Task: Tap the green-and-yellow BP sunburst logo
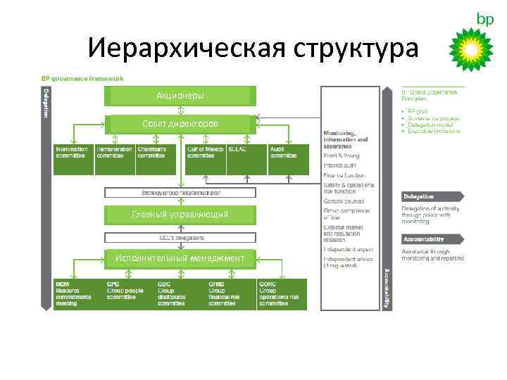(x=472, y=49)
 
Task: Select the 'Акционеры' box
(x=180, y=95)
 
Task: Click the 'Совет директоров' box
(x=180, y=124)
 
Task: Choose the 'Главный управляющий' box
(x=180, y=214)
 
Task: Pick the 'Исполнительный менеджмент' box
(x=180, y=258)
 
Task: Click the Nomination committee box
(x=74, y=159)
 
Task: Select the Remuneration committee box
(x=115, y=159)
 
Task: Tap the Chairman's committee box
(x=156, y=159)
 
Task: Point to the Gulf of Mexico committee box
(x=206, y=159)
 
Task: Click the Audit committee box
(x=288, y=159)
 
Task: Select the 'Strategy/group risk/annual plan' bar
(x=180, y=192)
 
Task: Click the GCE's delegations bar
(x=180, y=237)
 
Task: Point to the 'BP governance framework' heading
(x=82, y=78)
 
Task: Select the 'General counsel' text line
(x=343, y=201)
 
